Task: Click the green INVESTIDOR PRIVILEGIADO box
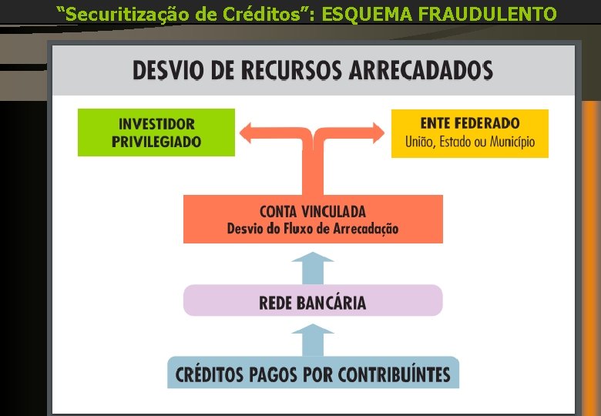click(156, 133)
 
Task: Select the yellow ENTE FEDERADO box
click(469, 133)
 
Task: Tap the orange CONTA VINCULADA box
click(313, 219)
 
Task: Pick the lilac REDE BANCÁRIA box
click(313, 300)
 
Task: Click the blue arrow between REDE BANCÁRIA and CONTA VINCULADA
click(313, 266)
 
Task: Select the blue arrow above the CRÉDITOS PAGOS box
click(313, 339)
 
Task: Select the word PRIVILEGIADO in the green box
click(156, 143)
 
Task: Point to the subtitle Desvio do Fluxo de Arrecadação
click(313, 229)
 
